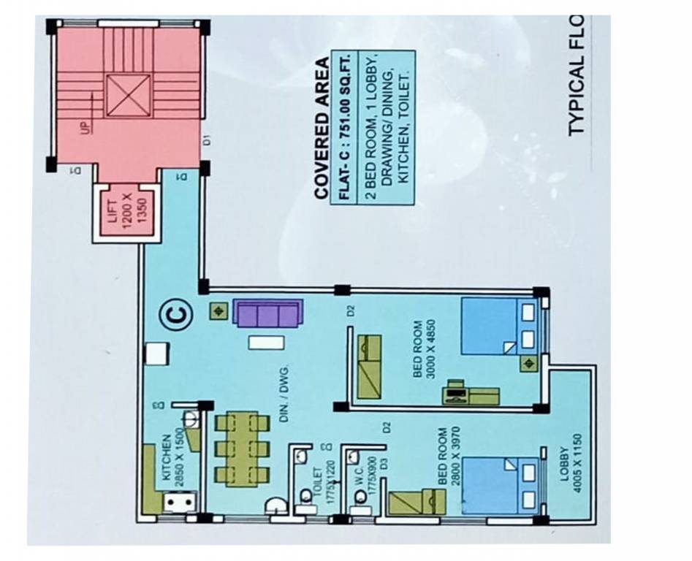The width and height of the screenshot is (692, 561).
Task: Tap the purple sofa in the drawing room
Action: pos(267,314)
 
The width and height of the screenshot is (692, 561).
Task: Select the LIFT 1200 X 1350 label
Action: pos(123,212)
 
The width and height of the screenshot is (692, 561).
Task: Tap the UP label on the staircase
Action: pos(86,129)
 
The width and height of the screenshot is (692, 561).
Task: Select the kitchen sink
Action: pos(178,503)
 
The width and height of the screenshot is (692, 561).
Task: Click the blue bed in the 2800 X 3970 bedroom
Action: pos(492,486)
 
